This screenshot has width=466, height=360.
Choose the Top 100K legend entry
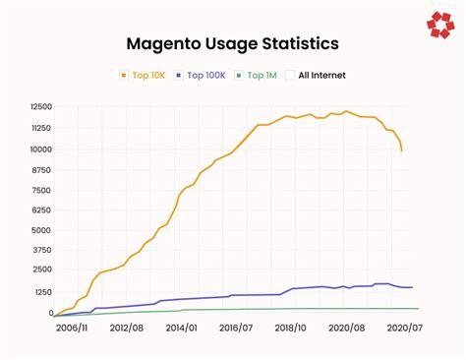203,75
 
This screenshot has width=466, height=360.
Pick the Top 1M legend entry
261,75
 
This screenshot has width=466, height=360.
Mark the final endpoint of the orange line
401,150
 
